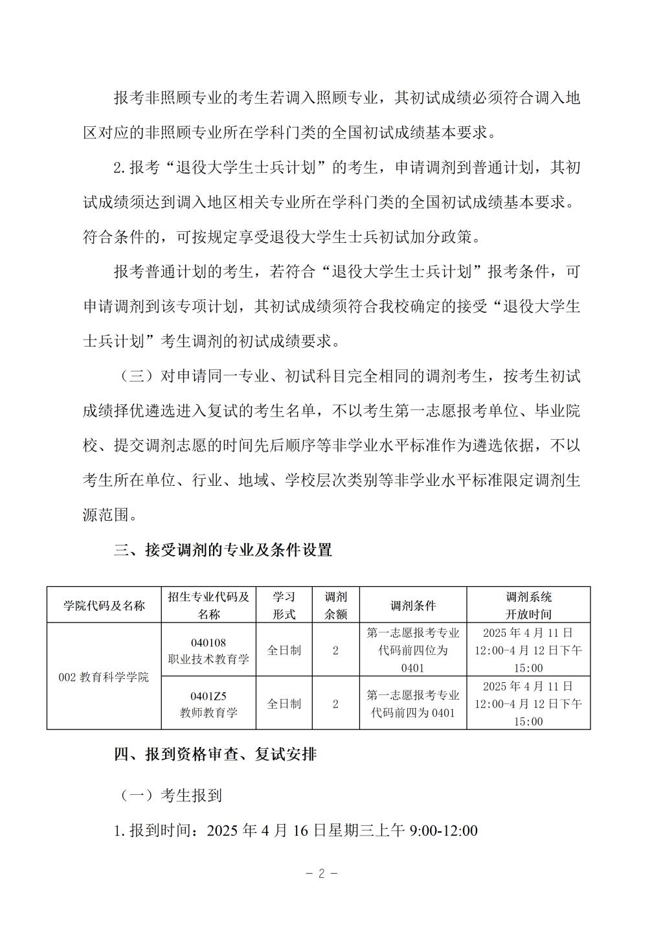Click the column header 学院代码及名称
pyautogui.click(x=104, y=606)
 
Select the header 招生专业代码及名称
pyautogui.click(x=208, y=606)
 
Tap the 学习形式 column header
pyautogui.click(x=284, y=606)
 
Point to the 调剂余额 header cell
pyautogui.click(x=335, y=606)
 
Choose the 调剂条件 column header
pyautogui.click(x=413, y=606)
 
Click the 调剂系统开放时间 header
pyautogui.click(x=528, y=606)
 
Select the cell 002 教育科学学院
pyautogui.click(x=104, y=677)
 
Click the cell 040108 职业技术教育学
pyautogui.click(x=208, y=650)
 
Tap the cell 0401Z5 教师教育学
pyautogui.click(x=208, y=704)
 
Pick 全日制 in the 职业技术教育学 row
pyautogui.click(x=284, y=650)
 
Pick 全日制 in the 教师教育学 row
pyautogui.click(x=284, y=704)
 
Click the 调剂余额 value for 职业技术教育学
pyautogui.click(x=335, y=650)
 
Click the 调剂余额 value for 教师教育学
pyautogui.click(x=335, y=704)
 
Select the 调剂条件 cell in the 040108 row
pyautogui.click(x=413, y=650)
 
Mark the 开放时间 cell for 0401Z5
pyautogui.click(x=528, y=704)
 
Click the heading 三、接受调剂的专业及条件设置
pyautogui.click(x=223, y=551)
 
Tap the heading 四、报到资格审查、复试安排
pyautogui.click(x=215, y=755)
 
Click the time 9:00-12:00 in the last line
pyautogui.click(x=442, y=831)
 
